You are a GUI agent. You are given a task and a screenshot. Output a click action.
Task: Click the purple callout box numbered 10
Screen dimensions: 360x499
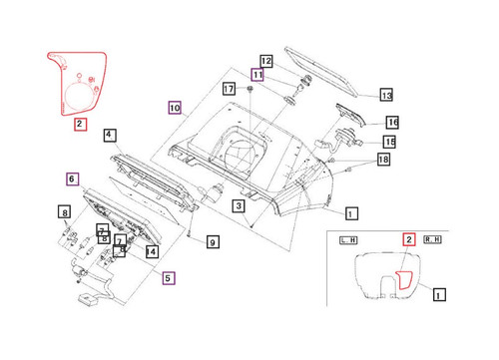pyautogui.click(x=174, y=107)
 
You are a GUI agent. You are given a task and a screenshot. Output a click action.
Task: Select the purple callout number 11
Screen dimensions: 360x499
pyautogui.click(x=257, y=75)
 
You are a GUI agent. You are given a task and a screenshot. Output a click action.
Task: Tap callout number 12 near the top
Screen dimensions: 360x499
pyautogui.click(x=266, y=60)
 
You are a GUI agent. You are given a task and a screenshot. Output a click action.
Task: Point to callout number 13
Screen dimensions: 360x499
pyautogui.click(x=387, y=95)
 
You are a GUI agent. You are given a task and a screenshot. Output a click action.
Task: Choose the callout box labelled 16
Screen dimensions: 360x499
pyautogui.click(x=392, y=122)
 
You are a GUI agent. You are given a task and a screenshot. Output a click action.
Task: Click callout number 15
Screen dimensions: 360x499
pyautogui.click(x=389, y=142)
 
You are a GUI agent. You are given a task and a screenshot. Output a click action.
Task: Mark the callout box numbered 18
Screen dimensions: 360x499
pyautogui.click(x=384, y=160)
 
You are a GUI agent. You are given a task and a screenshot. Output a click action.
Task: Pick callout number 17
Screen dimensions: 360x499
pyautogui.click(x=229, y=89)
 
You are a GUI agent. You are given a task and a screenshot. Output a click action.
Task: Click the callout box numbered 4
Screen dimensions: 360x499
pyautogui.click(x=109, y=135)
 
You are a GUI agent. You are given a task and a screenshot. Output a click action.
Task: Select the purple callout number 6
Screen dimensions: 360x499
pyautogui.click(x=72, y=180)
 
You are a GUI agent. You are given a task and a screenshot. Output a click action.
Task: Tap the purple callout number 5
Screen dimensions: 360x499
pyautogui.click(x=169, y=278)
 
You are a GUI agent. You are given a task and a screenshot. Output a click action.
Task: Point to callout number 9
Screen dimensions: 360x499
pyautogui.click(x=212, y=241)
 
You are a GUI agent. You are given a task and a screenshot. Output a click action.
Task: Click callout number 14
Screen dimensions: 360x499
pyautogui.click(x=152, y=252)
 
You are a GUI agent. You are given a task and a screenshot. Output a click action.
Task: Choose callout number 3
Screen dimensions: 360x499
pyautogui.click(x=239, y=206)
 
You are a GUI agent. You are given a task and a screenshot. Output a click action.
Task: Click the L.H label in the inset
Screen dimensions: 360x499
pyautogui.click(x=348, y=241)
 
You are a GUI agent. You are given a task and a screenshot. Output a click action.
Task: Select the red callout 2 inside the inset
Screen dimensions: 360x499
pyautogui.click(x=407, y=239)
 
